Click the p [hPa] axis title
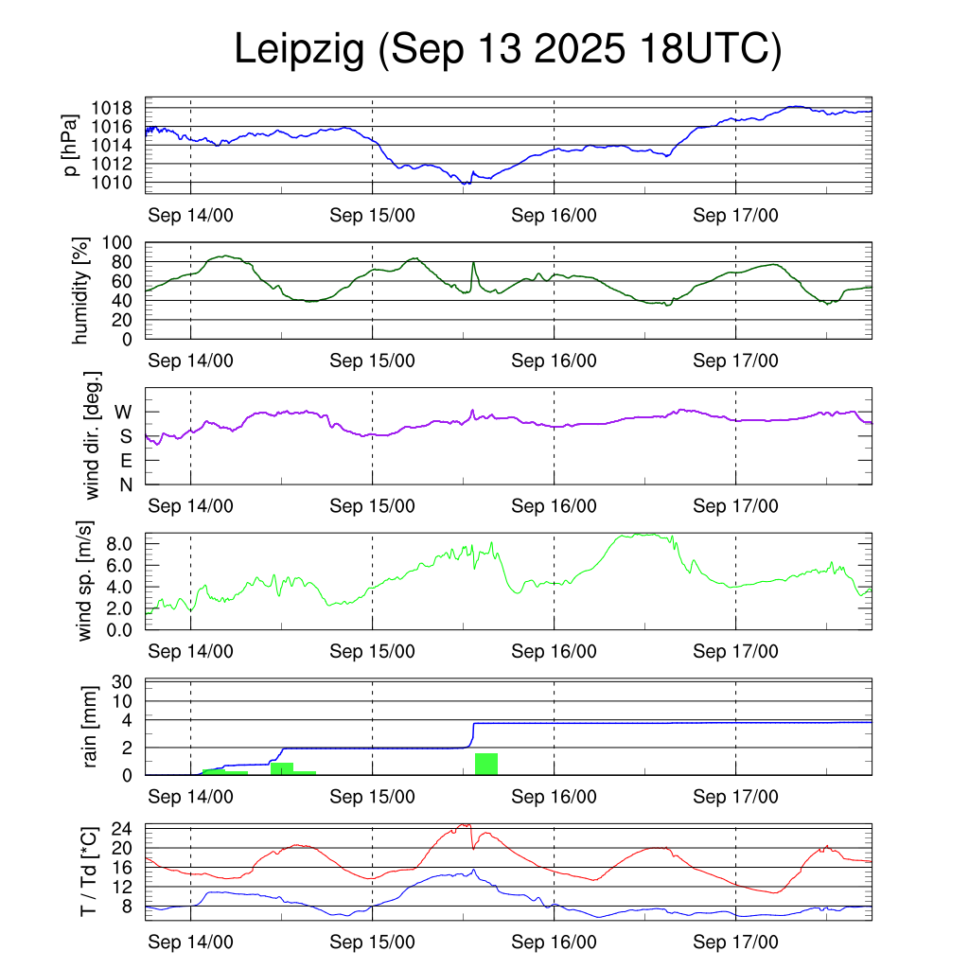pos(70,145)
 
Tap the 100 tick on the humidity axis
pos(124,242)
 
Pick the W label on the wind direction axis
pos(124,412)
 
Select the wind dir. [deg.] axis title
pos(93,435)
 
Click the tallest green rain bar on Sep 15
pos(486,764)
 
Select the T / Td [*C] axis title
pos(87,871)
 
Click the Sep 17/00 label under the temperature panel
pos(735,943)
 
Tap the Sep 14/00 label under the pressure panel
pos(190,215)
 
